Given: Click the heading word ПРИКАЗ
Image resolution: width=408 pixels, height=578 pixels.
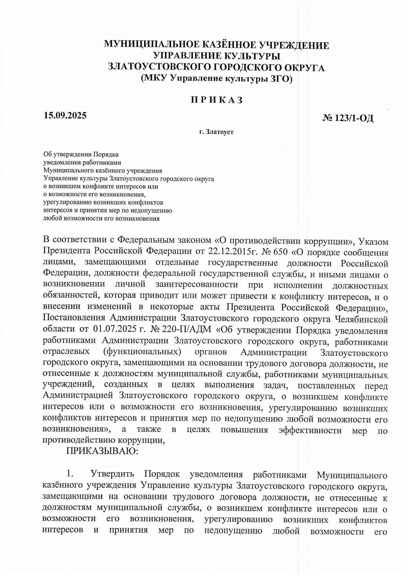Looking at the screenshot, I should click(x=217, y=100).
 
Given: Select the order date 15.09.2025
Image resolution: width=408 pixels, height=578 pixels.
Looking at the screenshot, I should click(x=65, y=115).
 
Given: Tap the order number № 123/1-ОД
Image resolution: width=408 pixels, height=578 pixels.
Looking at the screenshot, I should click(x=348, y=118).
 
